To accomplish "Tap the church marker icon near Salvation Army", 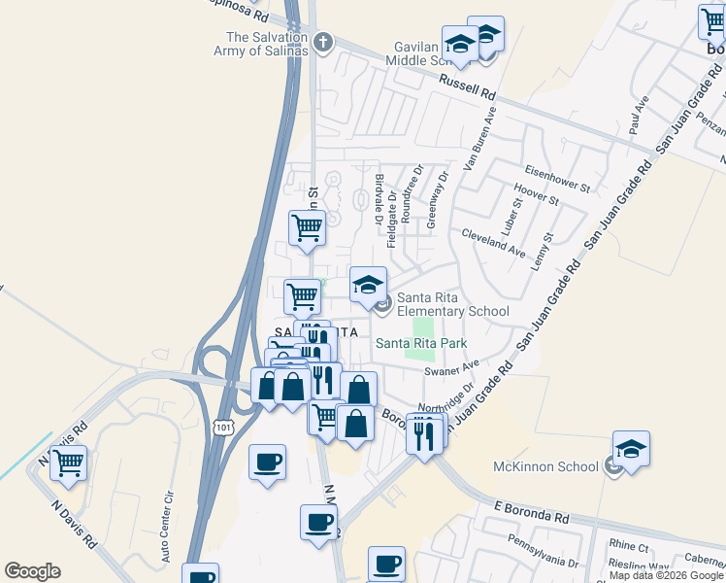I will (x=323, y=44).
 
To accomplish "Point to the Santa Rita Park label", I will (x=421, y=343).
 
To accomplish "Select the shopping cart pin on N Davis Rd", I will (x=68, y=463).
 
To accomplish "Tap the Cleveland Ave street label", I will (x=493, y=242).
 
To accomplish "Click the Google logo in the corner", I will (x=32, y=570).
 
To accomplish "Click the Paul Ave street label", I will (x=640, y=115).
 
